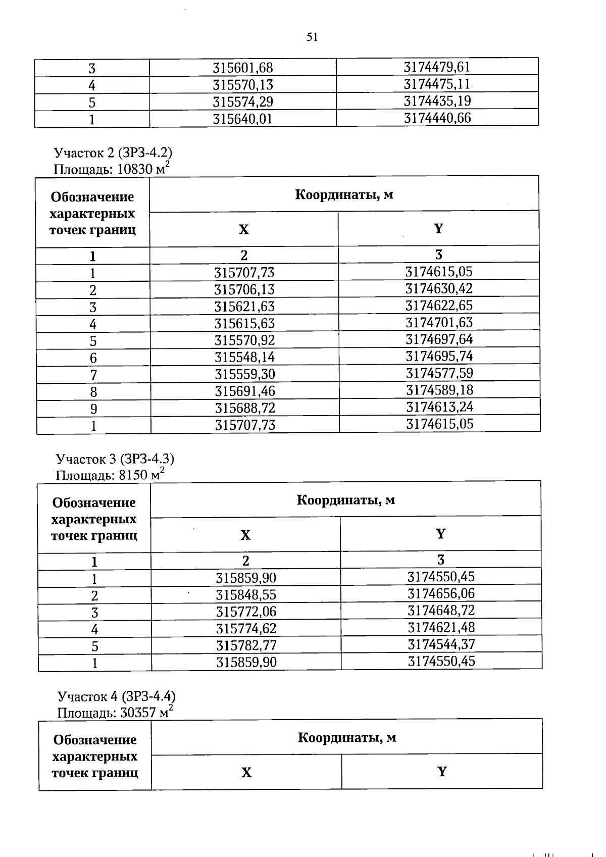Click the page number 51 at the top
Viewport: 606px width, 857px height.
[x=312, y=37]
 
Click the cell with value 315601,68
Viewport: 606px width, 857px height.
[x=243, y=68]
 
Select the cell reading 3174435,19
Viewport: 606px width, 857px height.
[x=437, y=101]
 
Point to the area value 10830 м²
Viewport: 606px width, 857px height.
[x=143, y=168]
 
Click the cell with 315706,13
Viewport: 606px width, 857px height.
[x=244, y=290]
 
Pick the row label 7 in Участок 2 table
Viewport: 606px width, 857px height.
[x=93, y=375]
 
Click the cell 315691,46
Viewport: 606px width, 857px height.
[x=245, y=391]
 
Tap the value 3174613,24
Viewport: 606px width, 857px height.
[x=439, y=407]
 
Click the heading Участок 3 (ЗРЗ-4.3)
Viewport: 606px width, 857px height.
[x=115, y=459]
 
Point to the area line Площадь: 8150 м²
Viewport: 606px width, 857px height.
[x=110, y=475]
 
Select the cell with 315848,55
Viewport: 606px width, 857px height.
[x=246, y=595]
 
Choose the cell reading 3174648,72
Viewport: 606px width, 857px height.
[x=441, y=611]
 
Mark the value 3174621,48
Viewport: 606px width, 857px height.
[x=441, y=627]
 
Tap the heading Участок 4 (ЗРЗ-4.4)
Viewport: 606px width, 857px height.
[x=117, y=696]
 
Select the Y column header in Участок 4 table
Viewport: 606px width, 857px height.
[x=442, y=772]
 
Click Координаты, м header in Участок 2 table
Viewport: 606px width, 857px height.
[x=344, y=194]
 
